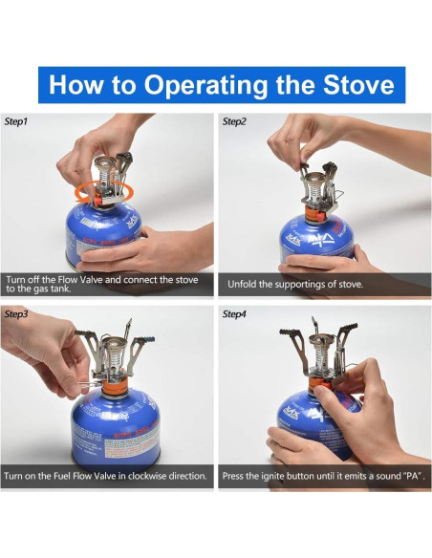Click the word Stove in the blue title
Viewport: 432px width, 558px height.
(x=358, y=85)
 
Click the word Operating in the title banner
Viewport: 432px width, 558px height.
(x=205, y=85)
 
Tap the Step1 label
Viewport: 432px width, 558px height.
(x=15, y=121)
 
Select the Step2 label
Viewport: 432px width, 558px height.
(x=234, y=121)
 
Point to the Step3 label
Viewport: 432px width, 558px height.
(x=16, y=313)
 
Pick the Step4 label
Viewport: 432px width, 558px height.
(x=234, y=313)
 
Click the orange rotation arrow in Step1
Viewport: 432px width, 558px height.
(x=106, y=192)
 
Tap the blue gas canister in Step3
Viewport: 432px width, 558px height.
(x=116, y=429)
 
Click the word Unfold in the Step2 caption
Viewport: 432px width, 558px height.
(x=240, y=285)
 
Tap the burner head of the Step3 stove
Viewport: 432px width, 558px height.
(x=115, y=343)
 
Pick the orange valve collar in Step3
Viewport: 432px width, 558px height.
(x=115, y=386)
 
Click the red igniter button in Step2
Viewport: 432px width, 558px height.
(x=321, y=215)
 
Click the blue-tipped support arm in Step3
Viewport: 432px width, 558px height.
(x=140, y=351)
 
